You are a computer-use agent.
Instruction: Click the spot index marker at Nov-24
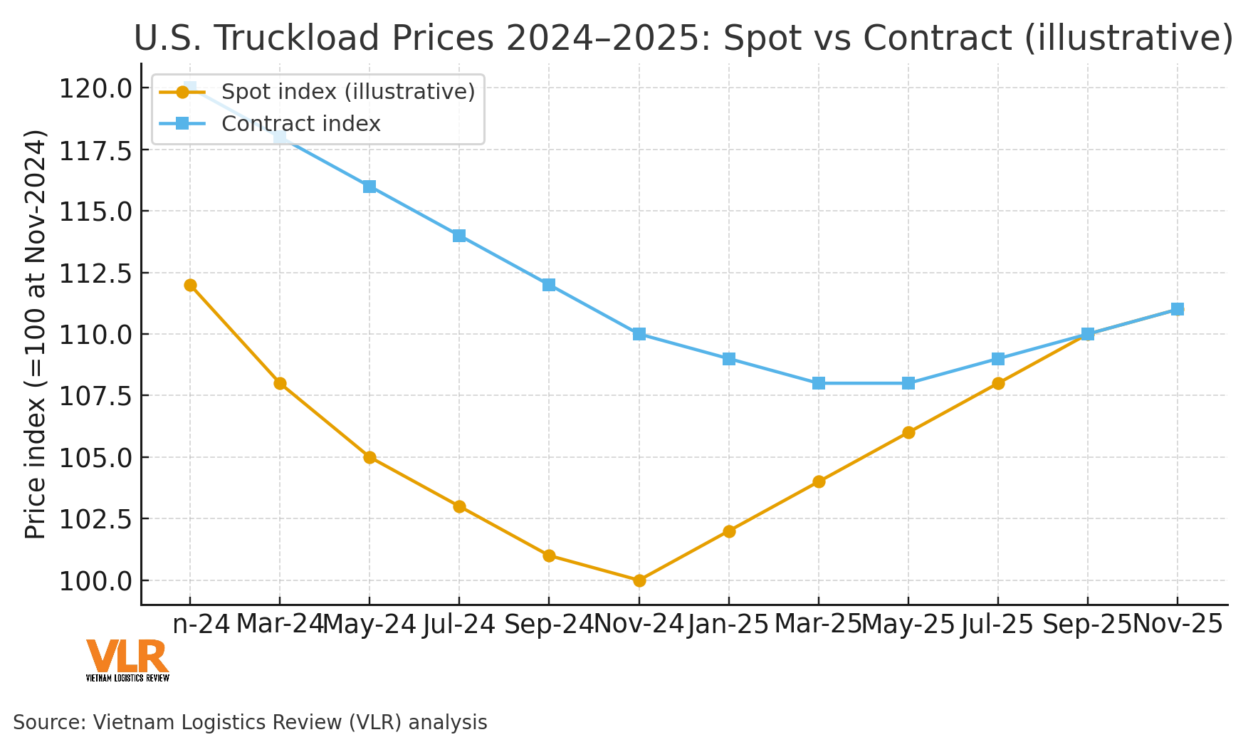click(639, 580)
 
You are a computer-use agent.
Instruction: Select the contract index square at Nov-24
click(639, 334)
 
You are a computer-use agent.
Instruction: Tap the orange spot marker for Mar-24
click(280, 383)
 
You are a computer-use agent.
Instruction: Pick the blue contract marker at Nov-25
click(1177, 309)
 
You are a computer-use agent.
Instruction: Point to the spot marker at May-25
click(908, 432)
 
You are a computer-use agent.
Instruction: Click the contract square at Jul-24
click(459, 236)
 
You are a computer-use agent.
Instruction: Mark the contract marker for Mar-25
click(818, 383)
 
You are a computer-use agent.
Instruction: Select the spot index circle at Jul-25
click(997, 383)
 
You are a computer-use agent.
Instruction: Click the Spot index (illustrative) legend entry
click(347, 91)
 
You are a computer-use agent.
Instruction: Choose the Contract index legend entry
click(300, 124)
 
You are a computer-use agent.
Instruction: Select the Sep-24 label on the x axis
click(548, 625)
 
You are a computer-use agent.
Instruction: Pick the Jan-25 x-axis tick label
click(728, 625)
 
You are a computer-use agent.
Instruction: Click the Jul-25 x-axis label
click(997, 625)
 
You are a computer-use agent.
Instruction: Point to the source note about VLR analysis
click(250, 722)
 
